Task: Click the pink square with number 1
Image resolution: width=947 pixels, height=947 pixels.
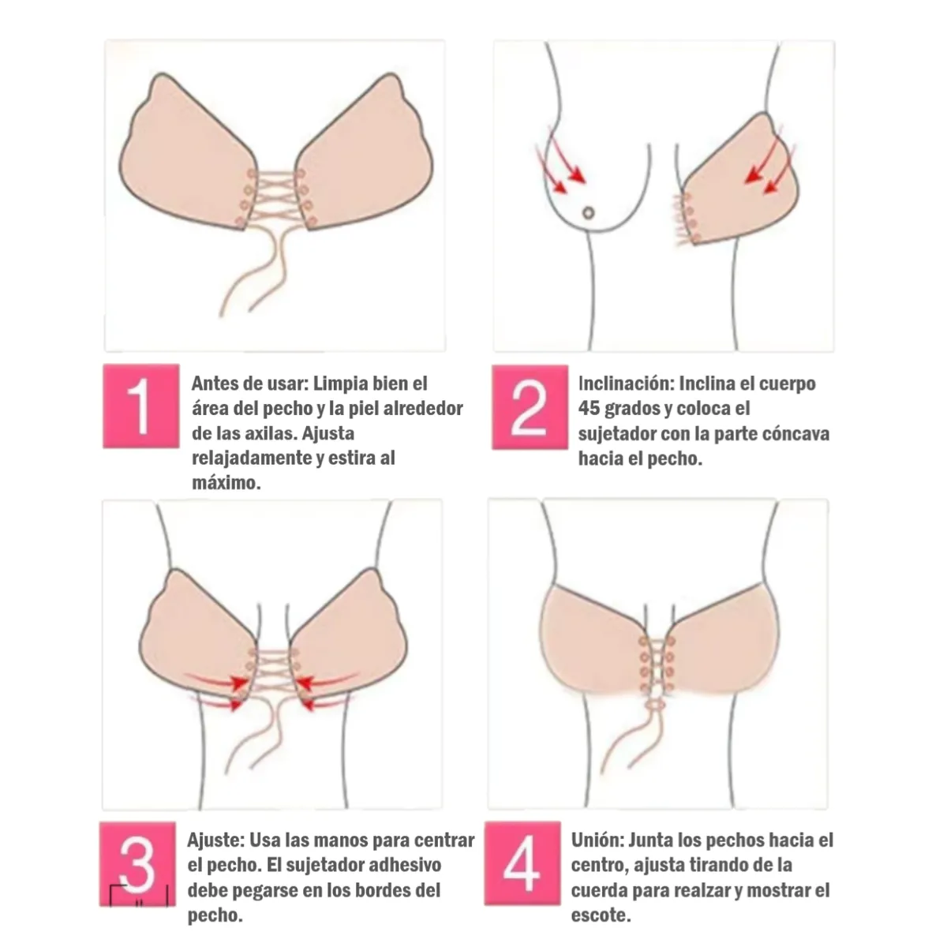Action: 141,406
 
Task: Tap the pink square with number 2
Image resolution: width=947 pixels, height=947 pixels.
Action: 530,407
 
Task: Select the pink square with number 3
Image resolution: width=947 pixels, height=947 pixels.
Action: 137,864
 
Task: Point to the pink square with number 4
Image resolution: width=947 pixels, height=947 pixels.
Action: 522,863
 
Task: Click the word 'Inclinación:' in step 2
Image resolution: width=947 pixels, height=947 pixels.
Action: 624,384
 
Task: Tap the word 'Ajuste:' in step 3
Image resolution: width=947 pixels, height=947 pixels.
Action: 215,840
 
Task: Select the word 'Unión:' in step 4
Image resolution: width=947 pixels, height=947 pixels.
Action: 597,840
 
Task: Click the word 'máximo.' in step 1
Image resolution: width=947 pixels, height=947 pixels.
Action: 226,483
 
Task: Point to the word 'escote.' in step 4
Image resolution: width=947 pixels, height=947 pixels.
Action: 601,915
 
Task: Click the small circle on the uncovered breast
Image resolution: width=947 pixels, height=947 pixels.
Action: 588,213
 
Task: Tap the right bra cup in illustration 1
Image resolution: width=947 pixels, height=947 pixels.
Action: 365,153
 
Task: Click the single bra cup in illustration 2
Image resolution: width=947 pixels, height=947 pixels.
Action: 741,182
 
